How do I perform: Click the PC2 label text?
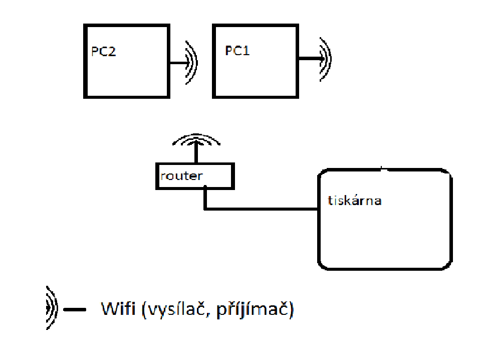(x=104, y=52)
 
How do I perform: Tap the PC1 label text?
(x=237, y=52)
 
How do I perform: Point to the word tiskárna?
(x=354, y=201)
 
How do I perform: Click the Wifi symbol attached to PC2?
(x=192, y=63)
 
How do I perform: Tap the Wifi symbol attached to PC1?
(x=326, y=59)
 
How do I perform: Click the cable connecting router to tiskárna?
(x=261, y=208)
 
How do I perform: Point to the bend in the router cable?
(x=205, y=208)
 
